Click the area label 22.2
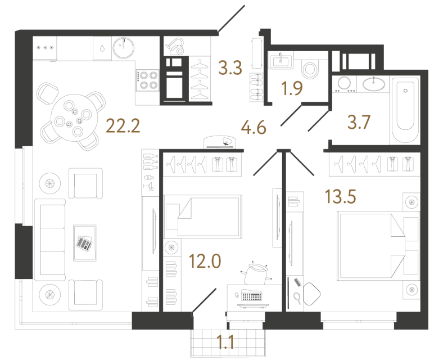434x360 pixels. [123, 127]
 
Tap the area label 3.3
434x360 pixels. [230, 69]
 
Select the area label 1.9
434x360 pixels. [292, 88]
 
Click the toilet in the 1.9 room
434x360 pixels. [309, 70]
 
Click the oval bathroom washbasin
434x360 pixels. [373, 84]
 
